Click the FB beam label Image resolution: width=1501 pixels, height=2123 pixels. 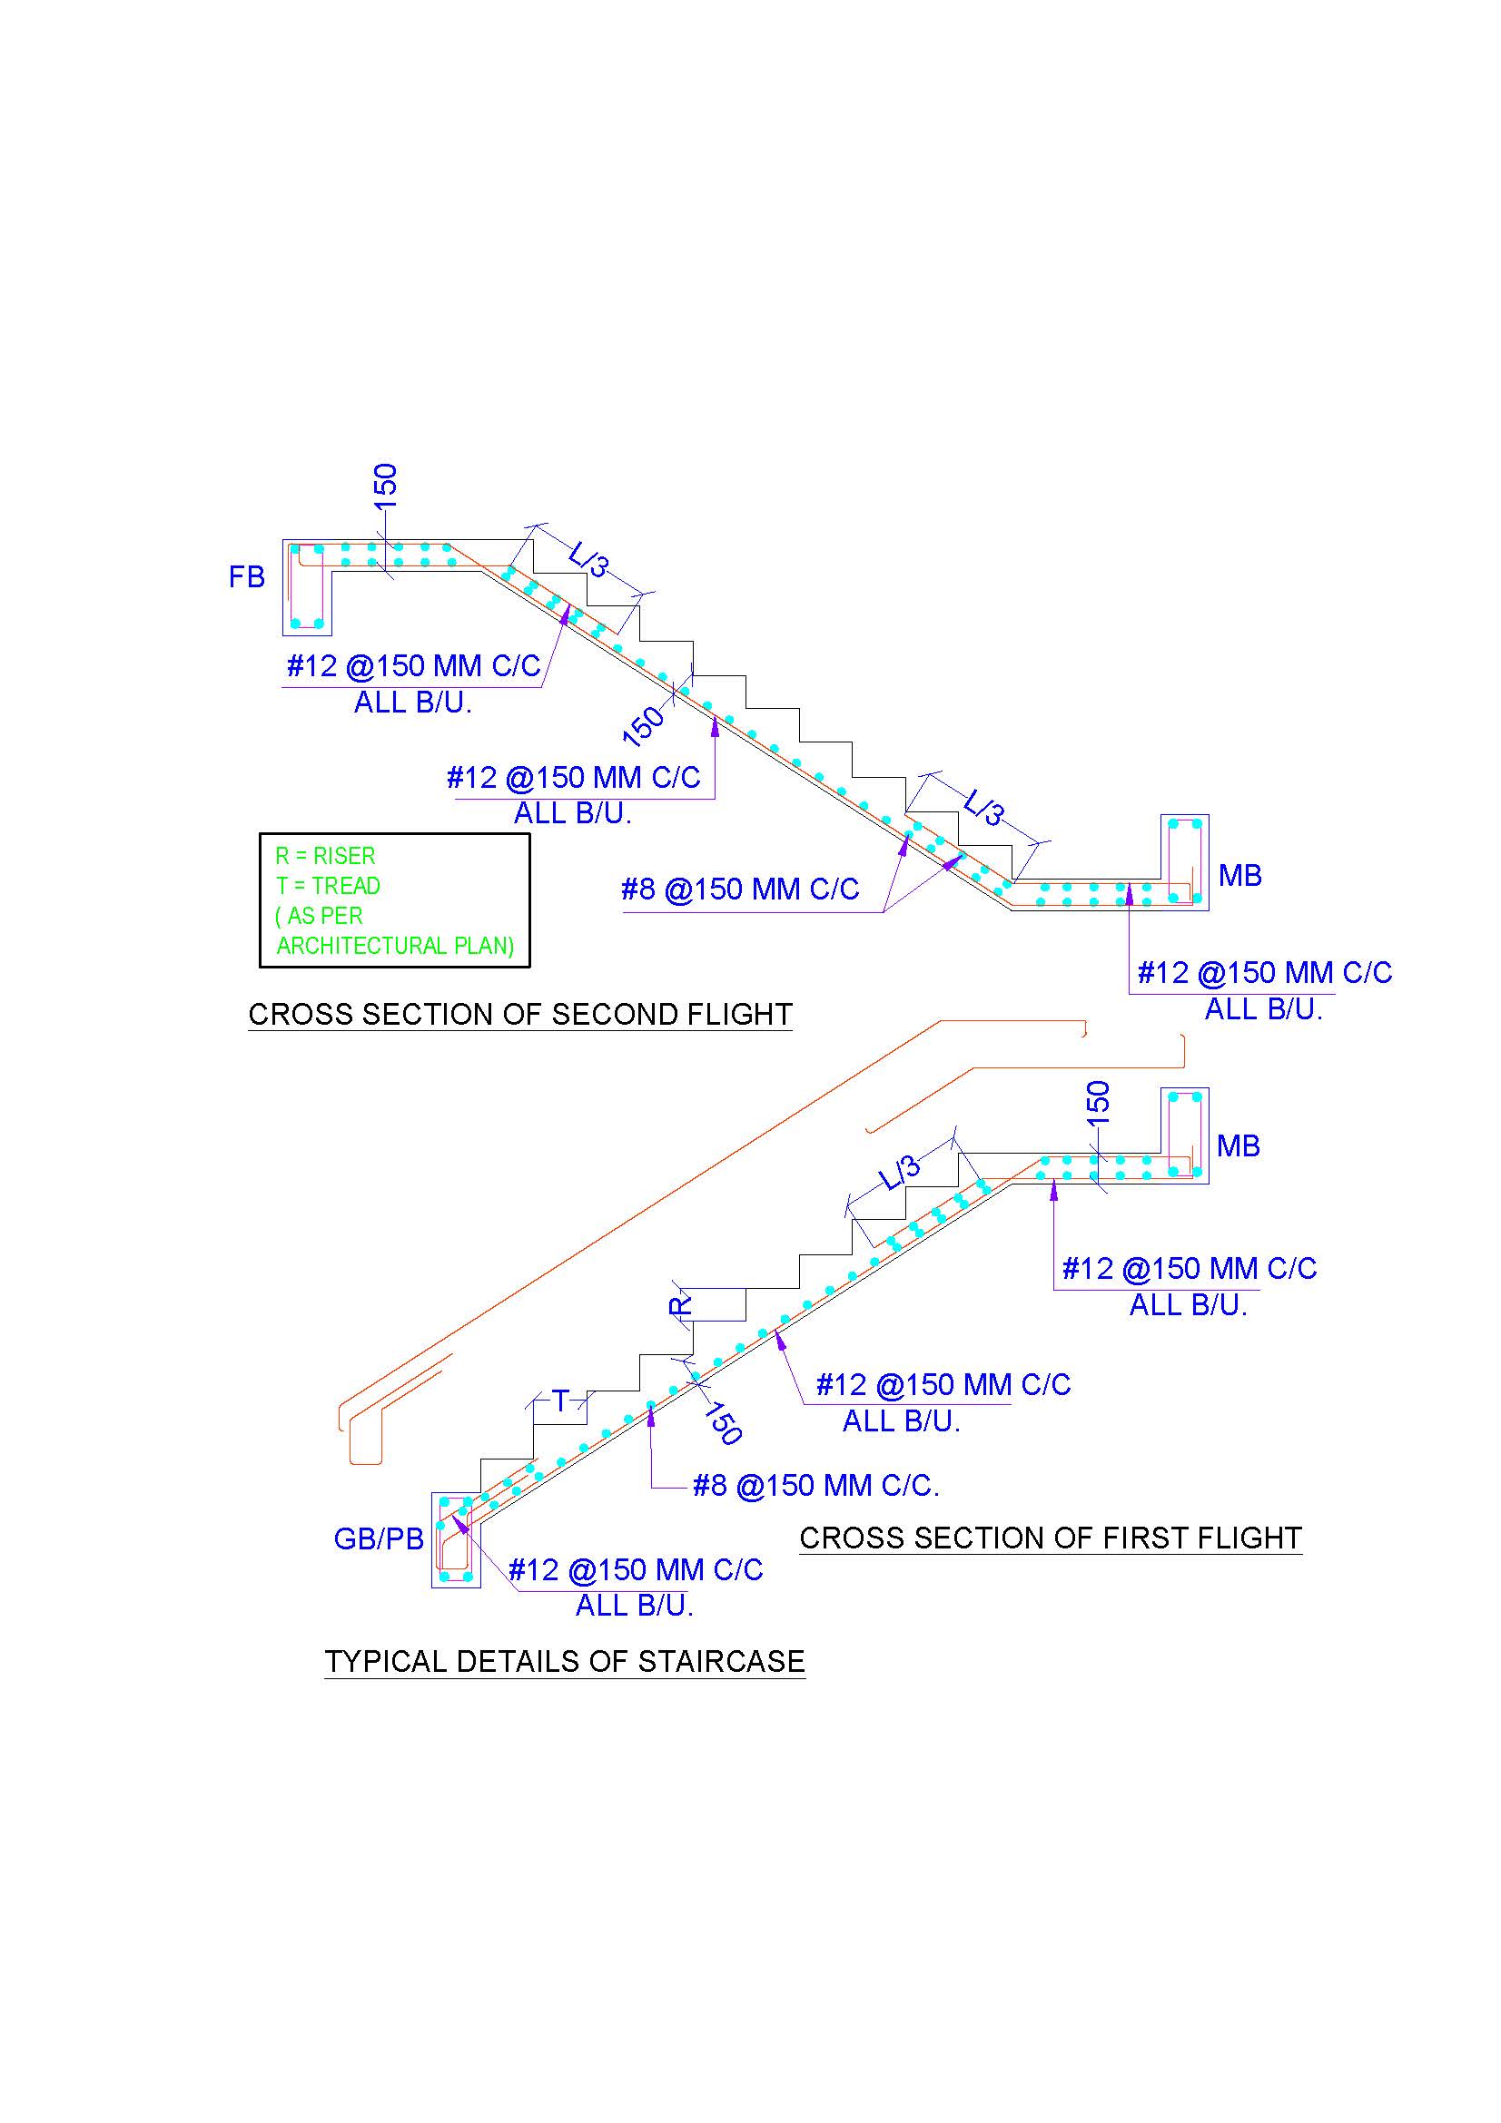[x=247, y=577]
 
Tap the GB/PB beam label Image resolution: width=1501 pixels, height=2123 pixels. [x=379, y=1538]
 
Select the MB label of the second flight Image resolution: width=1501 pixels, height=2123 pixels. [x=1240, y=875]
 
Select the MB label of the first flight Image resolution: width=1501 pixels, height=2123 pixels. [x=1239, y=1145]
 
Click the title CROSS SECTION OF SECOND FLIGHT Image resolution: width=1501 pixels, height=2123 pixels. [x=519, y=1015]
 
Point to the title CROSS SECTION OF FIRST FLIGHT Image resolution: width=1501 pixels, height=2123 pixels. [x=1051, y=1538]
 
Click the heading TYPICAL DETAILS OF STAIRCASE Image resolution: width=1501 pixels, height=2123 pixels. [x=564, y=1662]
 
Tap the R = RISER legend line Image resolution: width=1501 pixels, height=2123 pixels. [x=326, y=856]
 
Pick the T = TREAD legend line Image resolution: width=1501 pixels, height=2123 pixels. [x=329, y=886]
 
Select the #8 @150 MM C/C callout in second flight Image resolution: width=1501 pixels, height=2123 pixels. [x=740, y=889]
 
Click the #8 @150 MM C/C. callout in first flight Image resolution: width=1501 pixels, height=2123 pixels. [x=815, y=1486]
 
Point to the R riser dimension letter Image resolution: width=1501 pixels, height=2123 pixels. [x=680, y=1304]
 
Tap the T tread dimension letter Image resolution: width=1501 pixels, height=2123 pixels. [x=560, y=1401]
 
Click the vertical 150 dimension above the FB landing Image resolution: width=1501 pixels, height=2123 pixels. [x=385, y=486]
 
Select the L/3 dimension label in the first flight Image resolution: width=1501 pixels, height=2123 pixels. [x=899, y=1173]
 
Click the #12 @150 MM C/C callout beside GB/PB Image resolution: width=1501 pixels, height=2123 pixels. [x=636, y=1569]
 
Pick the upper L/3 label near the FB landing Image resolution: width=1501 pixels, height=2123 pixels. [x=589, y=558]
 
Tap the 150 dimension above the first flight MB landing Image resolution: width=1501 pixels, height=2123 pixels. [x=1098, y=1102]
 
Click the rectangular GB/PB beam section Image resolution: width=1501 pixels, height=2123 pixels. [x=456, y=1539]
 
